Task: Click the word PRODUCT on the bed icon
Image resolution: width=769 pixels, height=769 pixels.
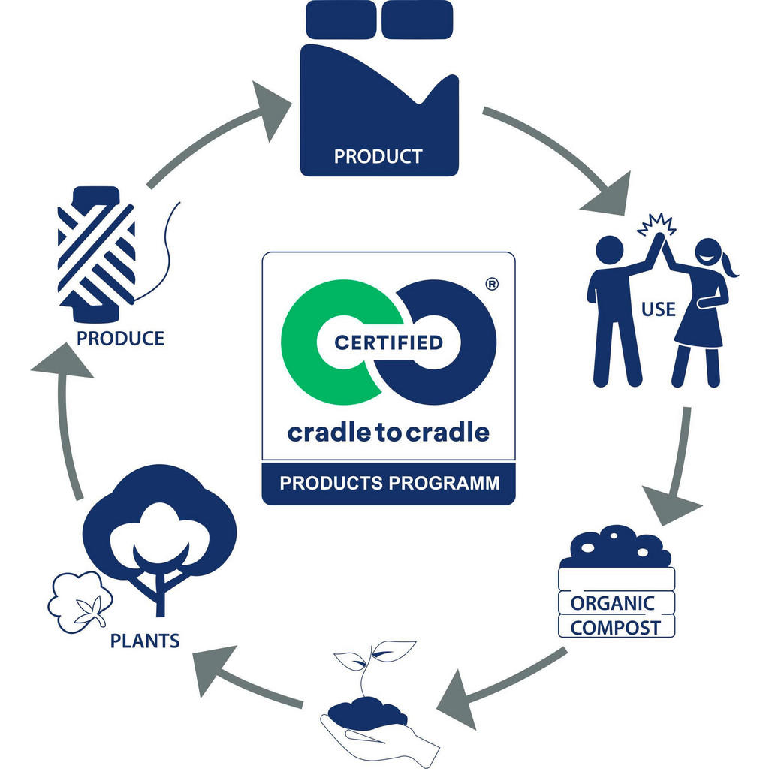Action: click(378, 157)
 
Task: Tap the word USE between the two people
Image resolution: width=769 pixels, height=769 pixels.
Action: click(658, 309)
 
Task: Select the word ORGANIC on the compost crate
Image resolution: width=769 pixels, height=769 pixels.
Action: click(612, 603)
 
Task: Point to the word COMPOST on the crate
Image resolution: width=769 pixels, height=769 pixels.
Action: click(616, 628)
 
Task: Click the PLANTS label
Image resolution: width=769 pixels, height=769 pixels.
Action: click(145, 641)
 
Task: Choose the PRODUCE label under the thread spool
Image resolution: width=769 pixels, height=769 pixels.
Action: click(120, 338)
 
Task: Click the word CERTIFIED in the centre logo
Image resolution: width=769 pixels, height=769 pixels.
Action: click(388, 343)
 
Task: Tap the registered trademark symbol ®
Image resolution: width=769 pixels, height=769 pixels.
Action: click(492, 284)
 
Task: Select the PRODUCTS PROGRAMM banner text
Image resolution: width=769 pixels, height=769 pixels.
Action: click(389, 483)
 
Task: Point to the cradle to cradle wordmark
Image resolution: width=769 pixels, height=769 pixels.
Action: click(388, 433)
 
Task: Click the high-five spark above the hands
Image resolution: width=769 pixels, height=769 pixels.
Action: click(656, 224)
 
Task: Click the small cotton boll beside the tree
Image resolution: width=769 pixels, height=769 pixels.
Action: click(79, 601)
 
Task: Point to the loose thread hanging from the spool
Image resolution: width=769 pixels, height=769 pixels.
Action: click(167, 248)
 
